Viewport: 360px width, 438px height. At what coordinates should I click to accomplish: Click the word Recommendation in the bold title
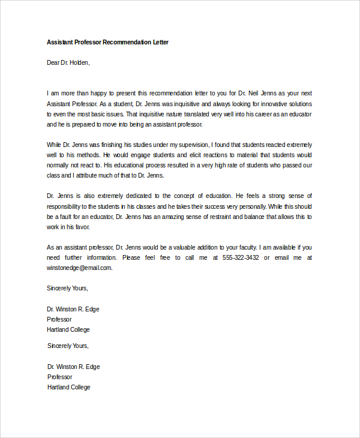127,43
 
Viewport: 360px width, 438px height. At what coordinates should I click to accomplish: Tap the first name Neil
260,93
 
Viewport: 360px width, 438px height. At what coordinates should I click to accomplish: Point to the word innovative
270,104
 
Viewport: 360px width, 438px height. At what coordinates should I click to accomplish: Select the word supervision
189,145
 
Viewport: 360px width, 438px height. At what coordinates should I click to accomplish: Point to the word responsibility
66,206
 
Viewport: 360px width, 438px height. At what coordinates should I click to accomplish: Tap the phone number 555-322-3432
241,257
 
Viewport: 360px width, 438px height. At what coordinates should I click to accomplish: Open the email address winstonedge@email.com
79,268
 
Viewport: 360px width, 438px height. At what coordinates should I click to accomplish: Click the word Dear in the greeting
53,62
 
